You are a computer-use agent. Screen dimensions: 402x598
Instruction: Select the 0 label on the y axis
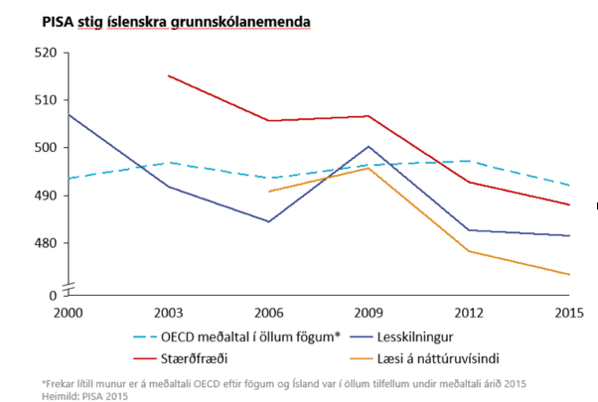click(53, 295)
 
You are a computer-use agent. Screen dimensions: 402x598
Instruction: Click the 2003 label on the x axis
click(168, 311)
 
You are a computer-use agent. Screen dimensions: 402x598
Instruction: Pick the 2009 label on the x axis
click(370, 311)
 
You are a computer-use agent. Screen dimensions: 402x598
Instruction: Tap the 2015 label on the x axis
click(569, 311)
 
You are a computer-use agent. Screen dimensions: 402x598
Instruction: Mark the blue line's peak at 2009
click(369, 146)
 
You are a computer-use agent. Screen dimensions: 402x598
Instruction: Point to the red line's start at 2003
click(169, 75)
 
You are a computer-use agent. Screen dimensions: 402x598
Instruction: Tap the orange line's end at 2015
click(569, 274)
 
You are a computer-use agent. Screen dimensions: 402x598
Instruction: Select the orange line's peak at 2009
click(369, 168)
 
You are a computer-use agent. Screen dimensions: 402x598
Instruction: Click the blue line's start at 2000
click(68, 114)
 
